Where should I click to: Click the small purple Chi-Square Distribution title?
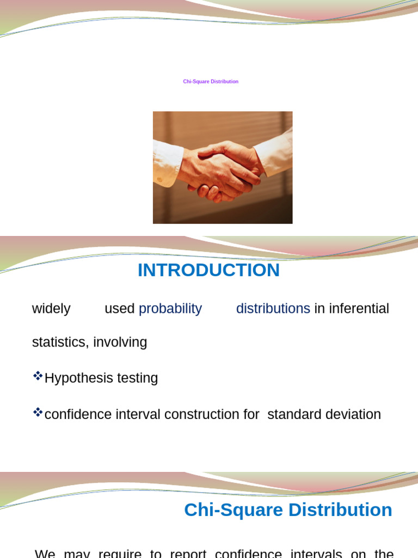point(211,82)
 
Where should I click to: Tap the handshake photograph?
point(223,167)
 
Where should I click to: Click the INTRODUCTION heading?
point(208,270)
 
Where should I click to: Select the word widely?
point(51,308)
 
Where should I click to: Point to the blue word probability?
point(170,308)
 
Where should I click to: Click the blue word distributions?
point(273,308)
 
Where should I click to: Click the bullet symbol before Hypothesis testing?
point(38,375)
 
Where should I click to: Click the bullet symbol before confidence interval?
point(38,412)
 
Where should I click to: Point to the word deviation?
point(355,414)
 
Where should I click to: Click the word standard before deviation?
point(294,414)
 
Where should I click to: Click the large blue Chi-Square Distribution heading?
point(288,510)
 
